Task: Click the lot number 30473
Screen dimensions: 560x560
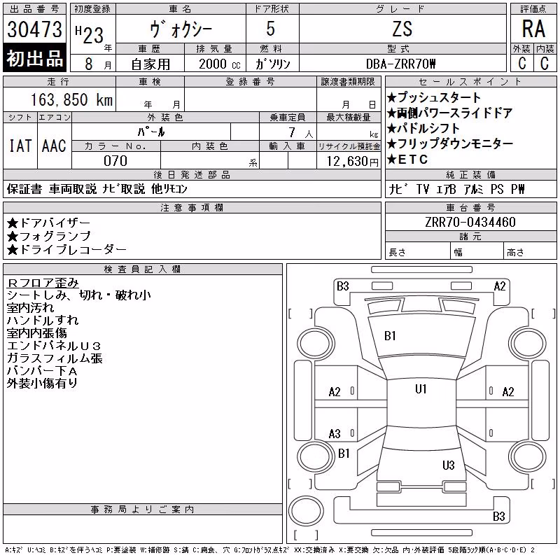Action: click(x=34, y=29)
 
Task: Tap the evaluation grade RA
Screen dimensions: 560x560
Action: click(x=533, y=29)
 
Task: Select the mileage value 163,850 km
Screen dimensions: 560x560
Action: click(x=71, y=99)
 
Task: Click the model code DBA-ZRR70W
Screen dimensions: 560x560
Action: click(x=400, y=64)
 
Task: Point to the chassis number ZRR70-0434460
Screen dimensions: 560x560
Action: click(x=470, y=222)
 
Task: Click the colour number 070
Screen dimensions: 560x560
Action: click(x=115, y=161)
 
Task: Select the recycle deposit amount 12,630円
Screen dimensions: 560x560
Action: click(x=353, y=162)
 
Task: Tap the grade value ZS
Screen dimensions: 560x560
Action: click(x=402, y=29)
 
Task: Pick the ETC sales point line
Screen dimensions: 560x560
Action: click(x=407, y=160)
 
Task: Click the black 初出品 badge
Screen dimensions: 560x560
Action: click(x=34, y=58)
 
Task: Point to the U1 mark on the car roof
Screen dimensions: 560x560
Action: click(x=421, y=389)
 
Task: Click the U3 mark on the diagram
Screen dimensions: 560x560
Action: click(x=448, y=465)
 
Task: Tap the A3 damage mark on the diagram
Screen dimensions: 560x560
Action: click(x=335, y=434)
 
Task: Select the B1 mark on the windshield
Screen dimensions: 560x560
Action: click(x=390, y=336)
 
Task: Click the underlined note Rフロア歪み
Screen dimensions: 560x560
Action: click(x=43, y=283)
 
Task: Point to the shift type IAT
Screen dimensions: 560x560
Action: click(x=20, y=146)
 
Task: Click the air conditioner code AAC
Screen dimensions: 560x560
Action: click(x=54, y=146)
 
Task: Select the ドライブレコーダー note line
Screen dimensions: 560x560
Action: click(x=66, y=250)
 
